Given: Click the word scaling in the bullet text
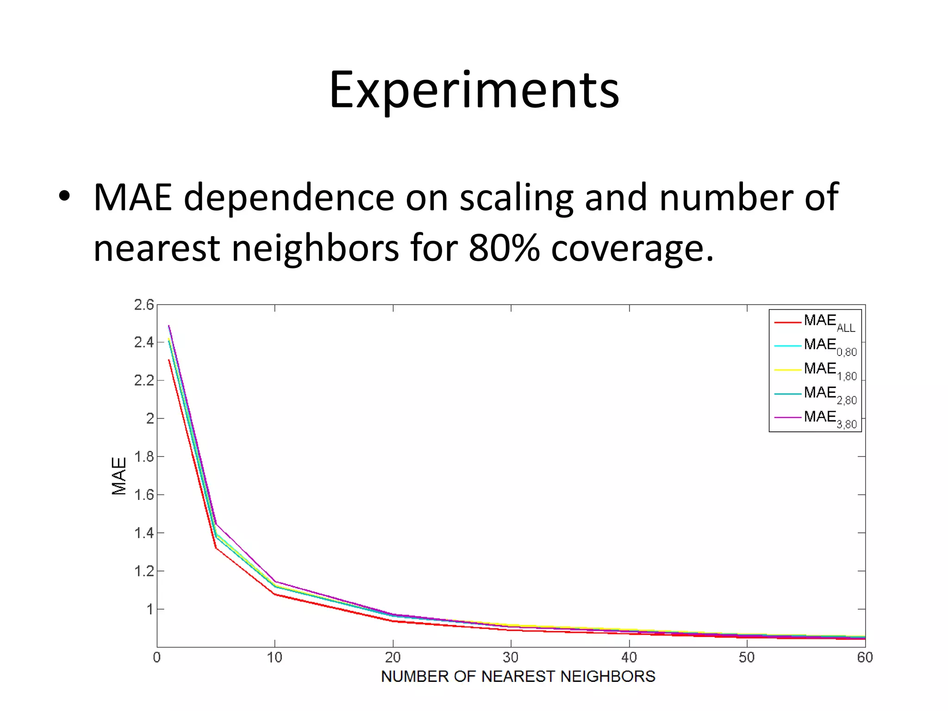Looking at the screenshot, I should click(x=516, y=198).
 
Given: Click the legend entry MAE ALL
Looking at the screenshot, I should click(x=829, y=322).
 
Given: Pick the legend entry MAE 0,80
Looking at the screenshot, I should click(x=830, y=346).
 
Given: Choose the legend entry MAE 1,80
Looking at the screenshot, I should click(x=830, y=370).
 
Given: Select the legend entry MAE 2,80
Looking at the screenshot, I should click(x=830, y=394).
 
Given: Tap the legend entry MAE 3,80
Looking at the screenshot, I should click(x=830, y=418).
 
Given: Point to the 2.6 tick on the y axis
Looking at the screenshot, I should click(x=143, y=305).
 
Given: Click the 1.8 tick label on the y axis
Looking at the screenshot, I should click(x=143, y=457).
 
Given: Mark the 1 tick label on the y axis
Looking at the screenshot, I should click(x=150, y=609).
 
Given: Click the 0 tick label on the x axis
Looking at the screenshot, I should click(x=157, y=658).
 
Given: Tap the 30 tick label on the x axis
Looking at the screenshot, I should click(x=511, y=658).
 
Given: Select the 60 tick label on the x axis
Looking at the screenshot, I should click(x=865, y=658).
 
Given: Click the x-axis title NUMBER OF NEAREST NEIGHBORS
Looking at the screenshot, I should click(x=518, y=677).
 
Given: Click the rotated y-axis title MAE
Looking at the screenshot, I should click(x=119, y=476).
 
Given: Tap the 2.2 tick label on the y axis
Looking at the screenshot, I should click(x=143, y=380).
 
